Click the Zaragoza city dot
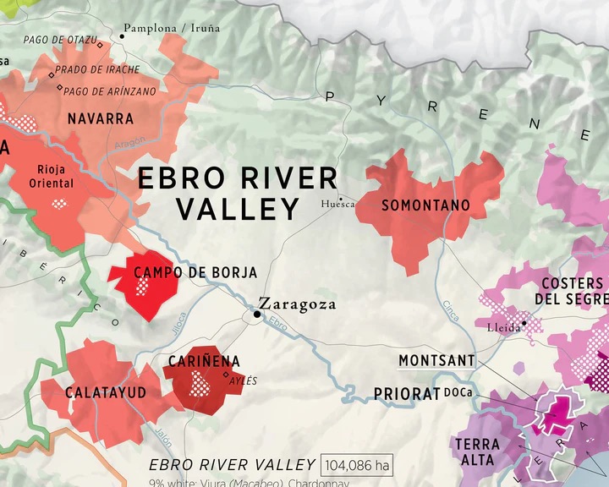256,314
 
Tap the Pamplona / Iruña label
172,28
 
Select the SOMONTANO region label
425,205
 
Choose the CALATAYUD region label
106,392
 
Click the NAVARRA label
101,118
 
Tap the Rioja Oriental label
52,176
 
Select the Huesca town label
336,204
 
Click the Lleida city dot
524,322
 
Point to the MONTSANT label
436,361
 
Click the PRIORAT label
407,394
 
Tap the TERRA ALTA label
477,451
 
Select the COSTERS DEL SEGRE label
571,291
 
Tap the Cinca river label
451,310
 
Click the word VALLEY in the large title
239,209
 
